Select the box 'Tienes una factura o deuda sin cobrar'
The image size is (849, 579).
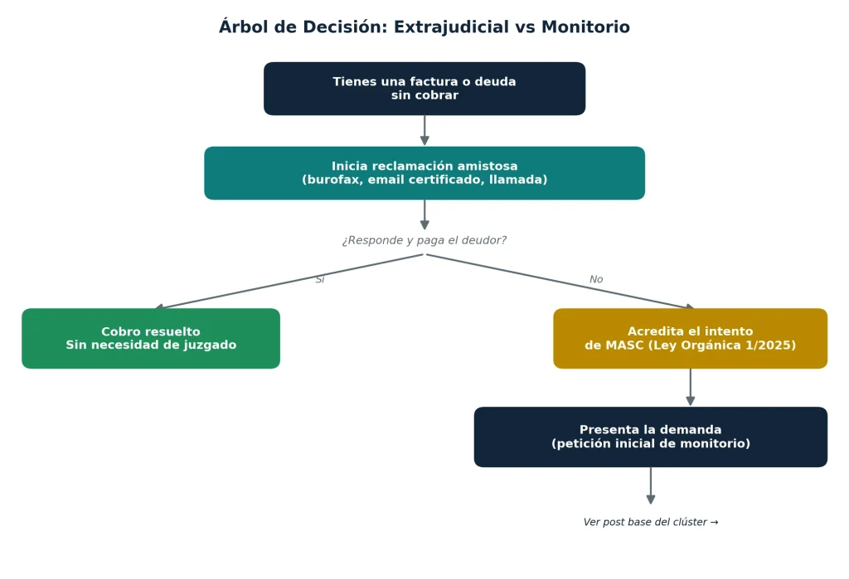pos(424,89)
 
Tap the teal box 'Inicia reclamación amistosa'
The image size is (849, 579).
pos(424,173)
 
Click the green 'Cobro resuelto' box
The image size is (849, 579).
pos(151,338)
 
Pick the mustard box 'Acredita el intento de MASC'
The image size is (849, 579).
pos(691,338)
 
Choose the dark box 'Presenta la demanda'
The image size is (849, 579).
pos(651,437)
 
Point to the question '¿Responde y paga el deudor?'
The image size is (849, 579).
pos(424,240)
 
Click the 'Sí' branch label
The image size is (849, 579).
pos(320,279)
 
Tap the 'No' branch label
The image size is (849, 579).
pos(596,279)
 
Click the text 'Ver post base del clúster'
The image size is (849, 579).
pos(651,522)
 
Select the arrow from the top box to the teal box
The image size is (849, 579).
pos(424,130)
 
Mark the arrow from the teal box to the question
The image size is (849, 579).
pos(424,215)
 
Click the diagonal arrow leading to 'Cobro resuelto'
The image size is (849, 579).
pos(289,282)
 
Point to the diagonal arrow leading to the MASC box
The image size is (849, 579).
pos(560,282)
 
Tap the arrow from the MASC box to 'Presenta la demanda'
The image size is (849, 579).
pos(691,387)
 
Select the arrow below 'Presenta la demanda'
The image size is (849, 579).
pos(651,485)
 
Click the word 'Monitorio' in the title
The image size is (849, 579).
pos(586,27)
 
